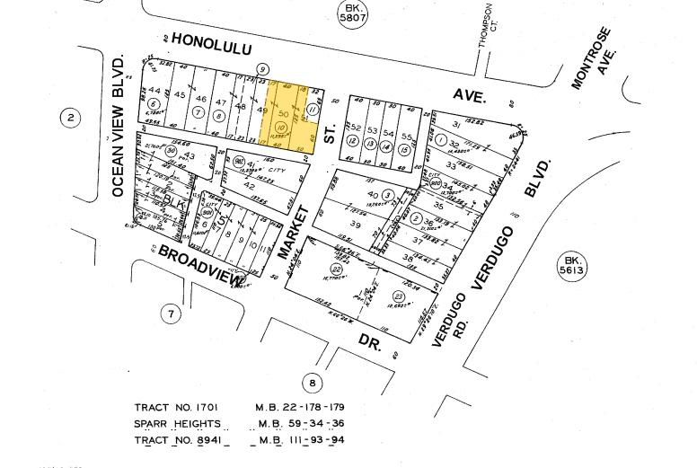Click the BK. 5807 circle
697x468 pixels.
tap(352, 13)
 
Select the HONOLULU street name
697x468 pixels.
tap(211, 43)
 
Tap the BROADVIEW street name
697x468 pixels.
tap(200, 267)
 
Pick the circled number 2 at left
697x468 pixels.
tap(71, 117)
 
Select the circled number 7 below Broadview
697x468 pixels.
tap(171, 313)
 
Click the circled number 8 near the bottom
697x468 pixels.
tap(312, 383)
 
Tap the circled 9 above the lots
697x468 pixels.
tap(262, 70)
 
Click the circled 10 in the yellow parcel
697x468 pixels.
tap(280, 128)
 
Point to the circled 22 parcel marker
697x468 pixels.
tap(337, 269)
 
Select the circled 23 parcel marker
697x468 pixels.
tap(398, 296)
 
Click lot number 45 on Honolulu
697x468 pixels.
tap(180, 95)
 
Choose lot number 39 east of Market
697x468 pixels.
tap(356, 225)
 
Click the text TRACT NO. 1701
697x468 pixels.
tap(176, 407)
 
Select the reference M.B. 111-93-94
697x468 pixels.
tap(301, 439)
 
